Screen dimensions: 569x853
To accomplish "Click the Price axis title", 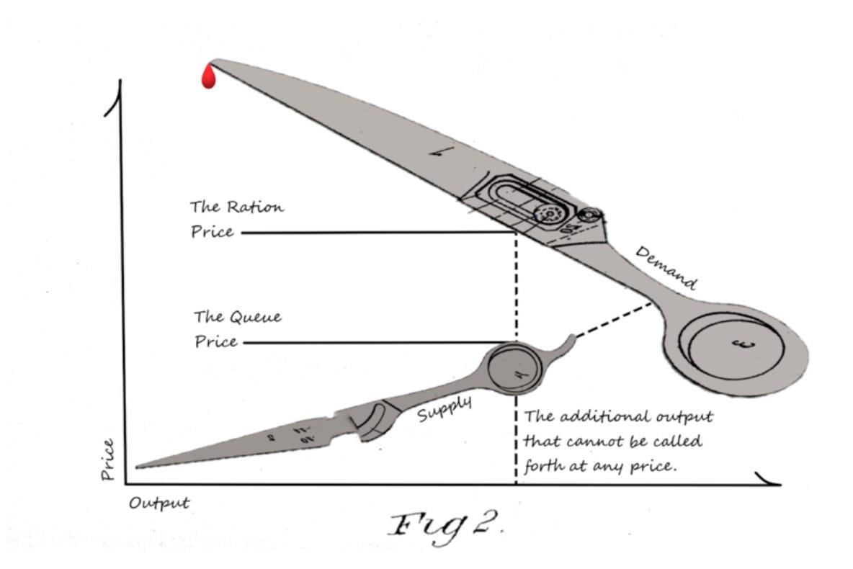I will click(x=108, y=459).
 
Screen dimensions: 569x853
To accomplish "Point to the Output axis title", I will click(x=159, y=503).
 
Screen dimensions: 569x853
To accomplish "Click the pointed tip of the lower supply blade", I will click(x=138, y=467).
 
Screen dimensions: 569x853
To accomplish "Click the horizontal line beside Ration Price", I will click(x=375, y=233).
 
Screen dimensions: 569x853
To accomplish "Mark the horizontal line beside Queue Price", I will click(x=375, y=342).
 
